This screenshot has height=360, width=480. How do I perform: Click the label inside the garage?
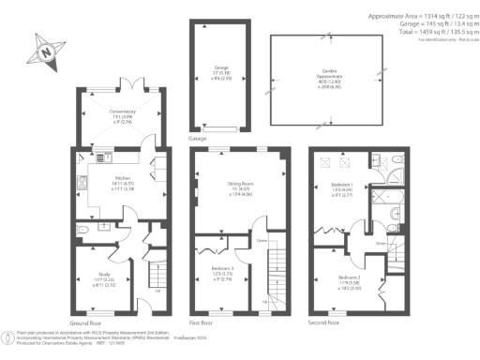(x=221, y=72)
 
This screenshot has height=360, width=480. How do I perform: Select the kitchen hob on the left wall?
(x=82, y=180)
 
